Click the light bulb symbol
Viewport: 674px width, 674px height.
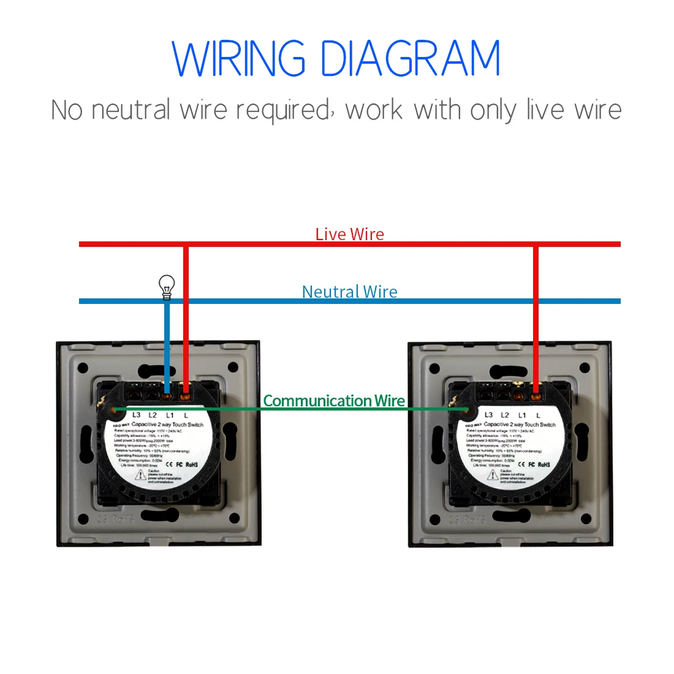click(167, 286)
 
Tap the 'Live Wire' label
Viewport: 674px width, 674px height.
click(349, 234)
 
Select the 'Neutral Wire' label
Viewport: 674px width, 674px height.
click(349, 292)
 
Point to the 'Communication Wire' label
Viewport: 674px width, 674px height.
click(334, 401)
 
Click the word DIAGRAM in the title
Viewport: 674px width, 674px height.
click(410, 59)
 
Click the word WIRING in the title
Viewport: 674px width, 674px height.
click(239, 59)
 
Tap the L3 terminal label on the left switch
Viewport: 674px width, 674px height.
click(136, 415)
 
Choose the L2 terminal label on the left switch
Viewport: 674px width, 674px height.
click(153, 415)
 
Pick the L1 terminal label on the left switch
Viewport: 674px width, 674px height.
click(170, 415)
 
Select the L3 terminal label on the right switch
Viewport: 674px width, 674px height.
click(488, 415)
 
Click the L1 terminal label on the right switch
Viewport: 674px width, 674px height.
click(522, 415)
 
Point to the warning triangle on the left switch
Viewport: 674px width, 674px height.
click(140, 475)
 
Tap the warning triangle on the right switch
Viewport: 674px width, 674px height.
click(493, 475)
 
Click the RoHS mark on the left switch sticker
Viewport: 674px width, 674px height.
click(192, 464)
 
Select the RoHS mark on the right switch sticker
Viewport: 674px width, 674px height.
click(544, 464)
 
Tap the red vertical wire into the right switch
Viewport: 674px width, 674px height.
click(536, 319)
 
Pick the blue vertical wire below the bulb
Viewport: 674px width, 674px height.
click(167, 343)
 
